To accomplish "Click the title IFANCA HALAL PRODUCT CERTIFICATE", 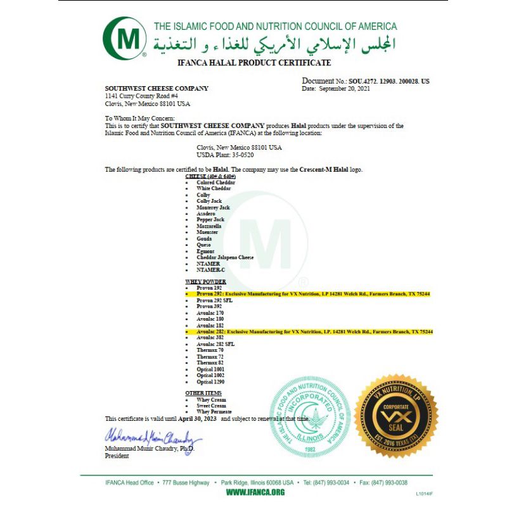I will coord(254,63).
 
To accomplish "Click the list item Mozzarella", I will coord(209,226).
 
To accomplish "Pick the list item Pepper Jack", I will coord(210,219).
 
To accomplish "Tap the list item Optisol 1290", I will coord(210,382).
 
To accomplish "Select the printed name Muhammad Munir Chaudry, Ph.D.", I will coord(150,448).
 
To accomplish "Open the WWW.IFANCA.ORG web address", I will coord(255,492).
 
